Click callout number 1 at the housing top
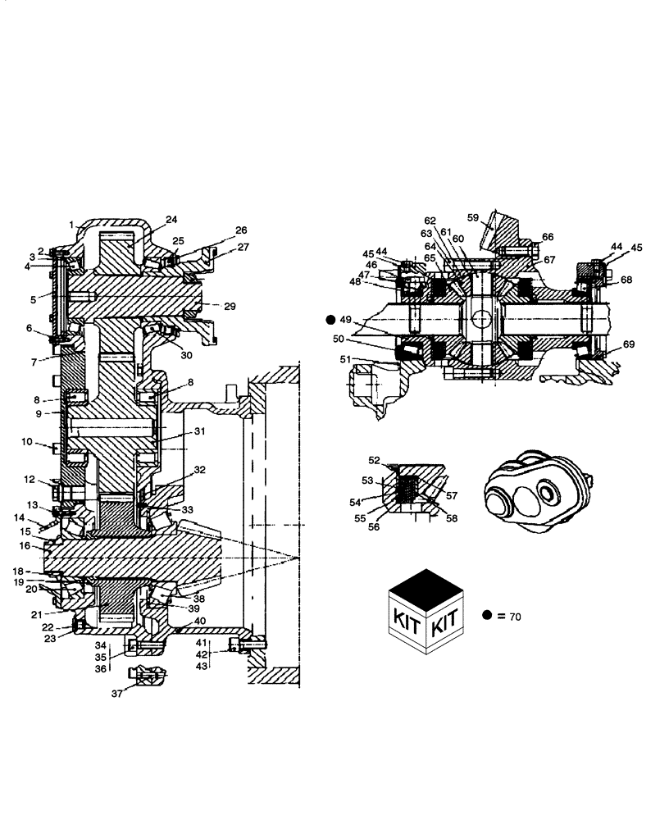point(72,224)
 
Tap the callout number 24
point(171,220)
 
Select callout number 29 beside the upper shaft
point(230,306)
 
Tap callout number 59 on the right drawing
point(473,218)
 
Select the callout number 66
point(548,237)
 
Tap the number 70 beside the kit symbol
point(514,616)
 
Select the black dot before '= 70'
point(487,615)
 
